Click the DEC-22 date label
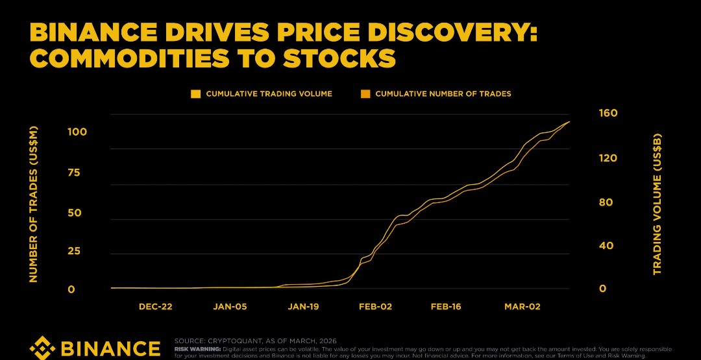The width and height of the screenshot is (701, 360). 155,306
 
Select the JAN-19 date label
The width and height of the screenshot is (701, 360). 302,306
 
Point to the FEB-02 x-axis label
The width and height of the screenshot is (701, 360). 376,306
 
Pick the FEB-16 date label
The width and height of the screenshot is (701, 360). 445,306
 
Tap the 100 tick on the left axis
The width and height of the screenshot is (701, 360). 77,132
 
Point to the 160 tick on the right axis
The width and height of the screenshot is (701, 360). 607,113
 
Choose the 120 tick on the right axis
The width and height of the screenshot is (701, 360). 607,158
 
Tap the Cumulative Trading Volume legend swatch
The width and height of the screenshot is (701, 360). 195,94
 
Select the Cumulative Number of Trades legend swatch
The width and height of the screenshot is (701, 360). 365,94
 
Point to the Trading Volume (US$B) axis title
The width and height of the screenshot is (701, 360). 657,204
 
